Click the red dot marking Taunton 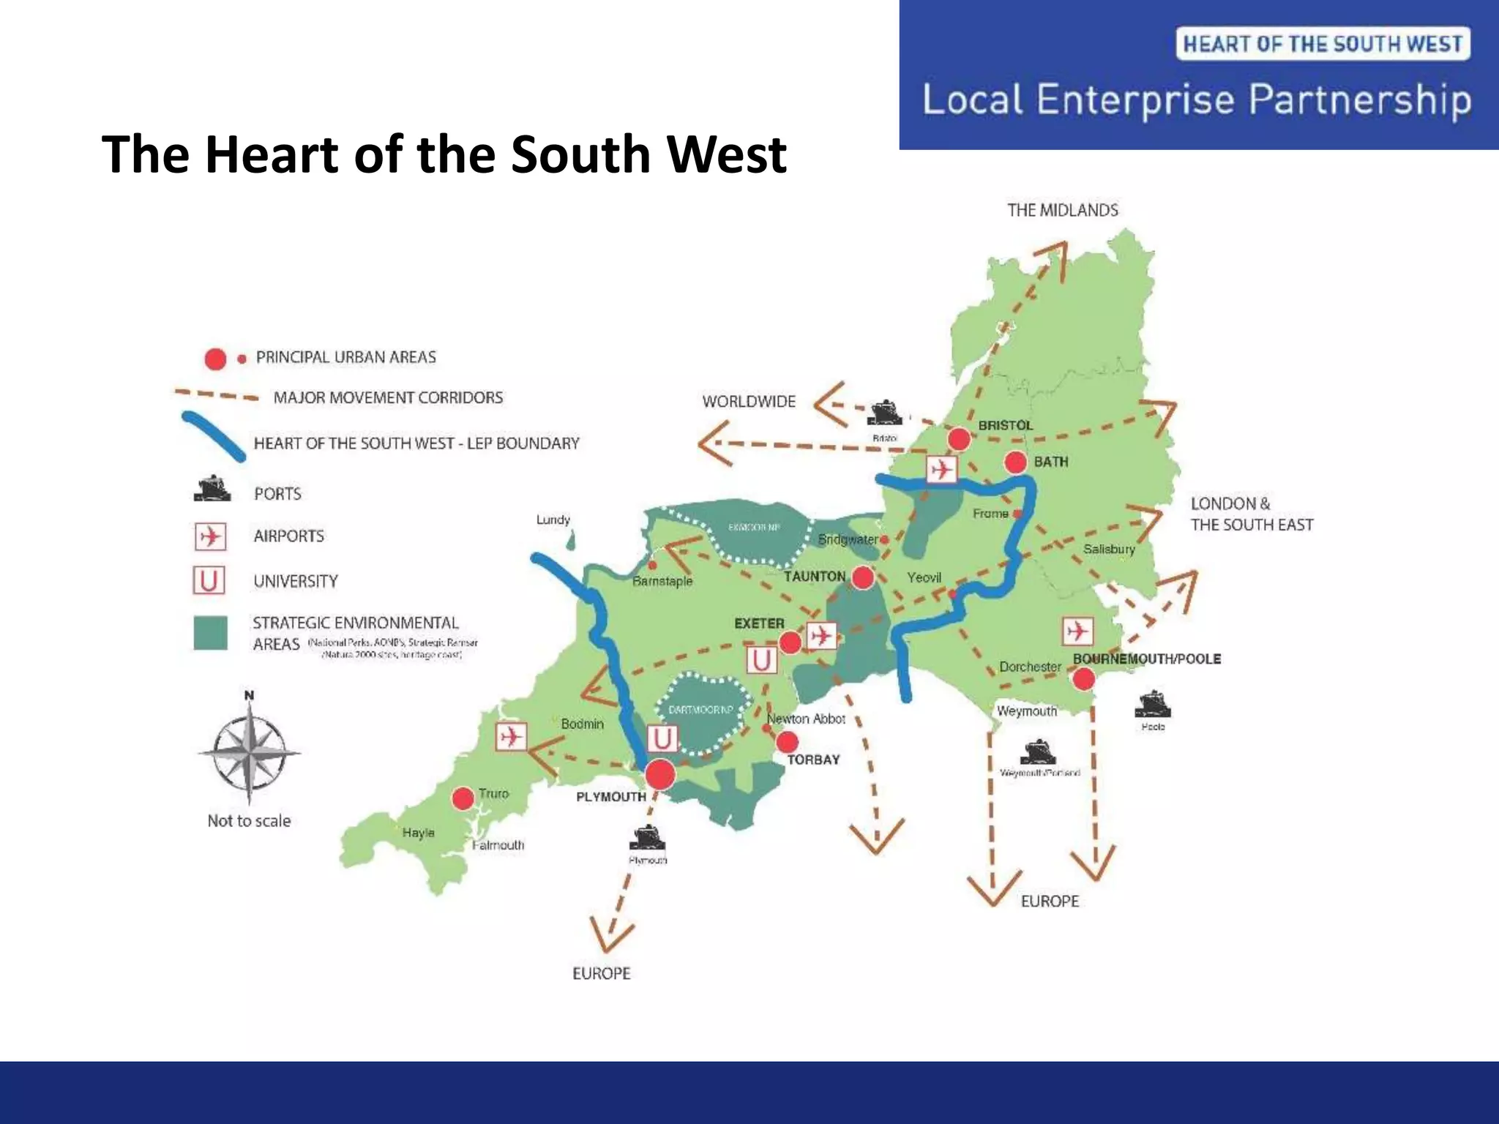863,577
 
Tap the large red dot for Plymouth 659,774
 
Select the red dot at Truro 463,798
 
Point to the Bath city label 1051,462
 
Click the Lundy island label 553,520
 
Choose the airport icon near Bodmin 510,735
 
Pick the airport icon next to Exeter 821,635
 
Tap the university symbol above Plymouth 662,739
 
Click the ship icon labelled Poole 1153,704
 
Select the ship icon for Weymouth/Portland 1039,752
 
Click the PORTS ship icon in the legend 212,489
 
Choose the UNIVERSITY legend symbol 209,581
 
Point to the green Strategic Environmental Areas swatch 210,633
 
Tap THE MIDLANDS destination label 1063,211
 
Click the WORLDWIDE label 749,402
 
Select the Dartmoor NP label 700,710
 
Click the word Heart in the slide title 273,154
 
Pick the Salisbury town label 1109,549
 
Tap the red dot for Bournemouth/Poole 1083,679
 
